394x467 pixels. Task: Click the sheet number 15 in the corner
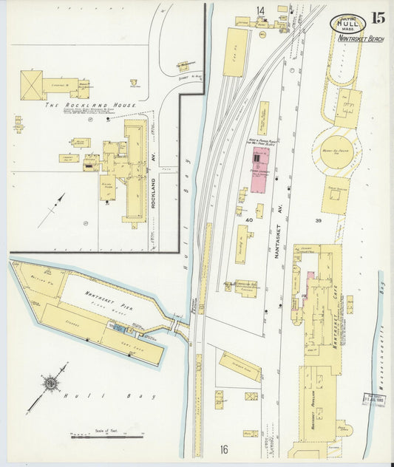(x=378, y=18)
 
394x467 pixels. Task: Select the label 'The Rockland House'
(x=90, y=106)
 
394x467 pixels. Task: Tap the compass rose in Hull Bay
(x=51, y=383)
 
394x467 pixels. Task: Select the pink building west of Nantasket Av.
(x=259, y=169)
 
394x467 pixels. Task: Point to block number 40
(x=249, y=220)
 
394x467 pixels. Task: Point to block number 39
(x=319, y=221)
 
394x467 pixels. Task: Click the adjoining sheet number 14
(x=260, y=10)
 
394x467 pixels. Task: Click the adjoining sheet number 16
(x=224, y=449)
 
